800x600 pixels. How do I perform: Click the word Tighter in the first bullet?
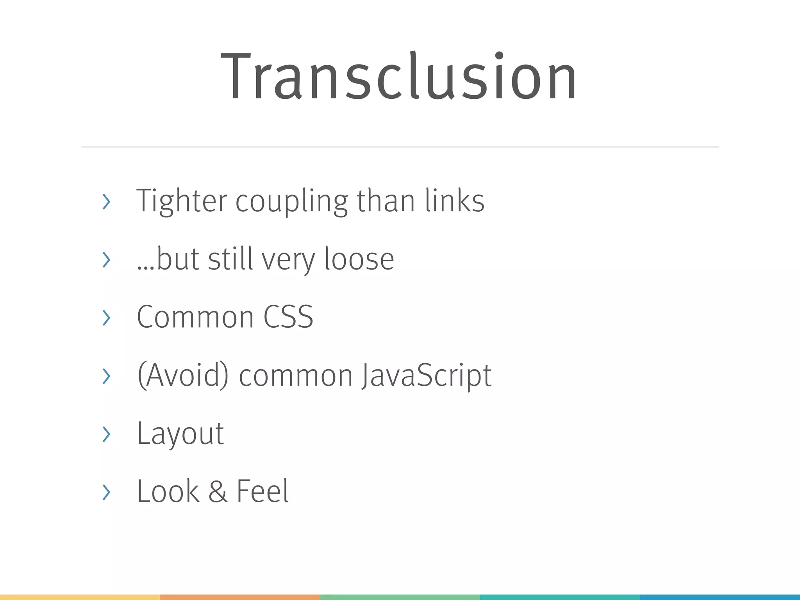pos(181,201)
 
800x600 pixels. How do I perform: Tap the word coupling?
pos(291,202)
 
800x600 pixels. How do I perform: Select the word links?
pos(455,201)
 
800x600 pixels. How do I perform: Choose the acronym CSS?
pos(288,317)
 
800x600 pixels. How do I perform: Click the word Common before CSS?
pos(195,317)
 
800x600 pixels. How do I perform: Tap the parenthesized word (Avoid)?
pos(183,375)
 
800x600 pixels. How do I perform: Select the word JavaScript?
pos(426,375)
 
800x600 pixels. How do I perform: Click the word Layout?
pos(180,433)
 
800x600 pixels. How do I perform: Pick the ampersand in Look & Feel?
pos(218,491)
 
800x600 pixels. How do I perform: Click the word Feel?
pos(262,491)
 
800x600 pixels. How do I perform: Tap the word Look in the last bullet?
pos(168,491)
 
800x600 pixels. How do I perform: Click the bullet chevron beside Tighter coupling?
pos(106,202)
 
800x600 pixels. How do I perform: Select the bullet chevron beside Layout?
pos(106,434)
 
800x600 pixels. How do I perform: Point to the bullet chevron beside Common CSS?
pos(106,318)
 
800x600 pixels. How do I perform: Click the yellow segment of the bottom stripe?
pos(80,597)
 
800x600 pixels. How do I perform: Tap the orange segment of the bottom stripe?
pos(240,597)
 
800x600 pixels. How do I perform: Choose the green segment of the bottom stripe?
pos(400,597)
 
